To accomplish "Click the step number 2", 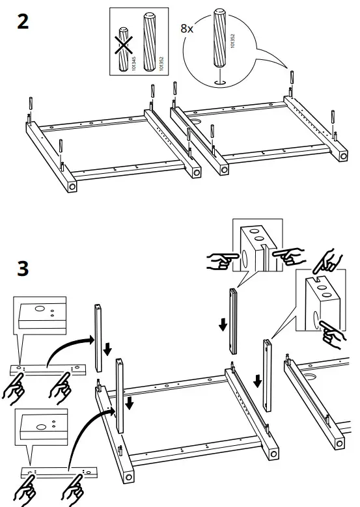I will [x=23, y=21].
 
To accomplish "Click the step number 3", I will [x=23, y=268].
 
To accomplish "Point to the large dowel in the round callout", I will [x=219, y=41].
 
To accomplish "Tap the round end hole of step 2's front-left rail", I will [x=72, y=185].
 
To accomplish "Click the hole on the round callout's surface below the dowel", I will [x=220, y=83].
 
